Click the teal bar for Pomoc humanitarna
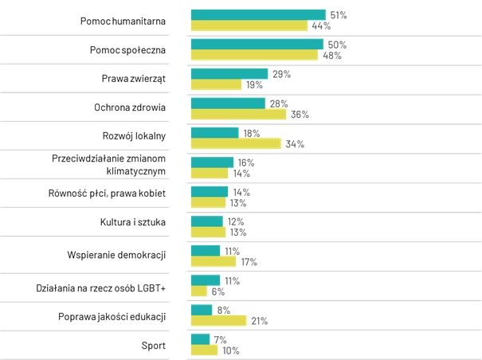tap(258, 14)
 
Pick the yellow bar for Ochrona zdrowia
tap(238, 114)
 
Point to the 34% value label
tap(295, 144)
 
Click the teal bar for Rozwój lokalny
tap(214, 133)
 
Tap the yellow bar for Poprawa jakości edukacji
tap(218, 320)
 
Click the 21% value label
tap(258, 321)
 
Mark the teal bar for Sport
tap(200, 339)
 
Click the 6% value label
tap(217, 292)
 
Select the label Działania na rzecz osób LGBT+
tap(100, 286)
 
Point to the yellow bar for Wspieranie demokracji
tap(214, 261)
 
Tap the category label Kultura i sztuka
tap(132, 222)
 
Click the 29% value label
tap(280, 74)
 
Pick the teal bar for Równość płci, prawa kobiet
tap(210, 191)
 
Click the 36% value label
tap(300, 115)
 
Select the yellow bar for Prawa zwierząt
tap(216, 84)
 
